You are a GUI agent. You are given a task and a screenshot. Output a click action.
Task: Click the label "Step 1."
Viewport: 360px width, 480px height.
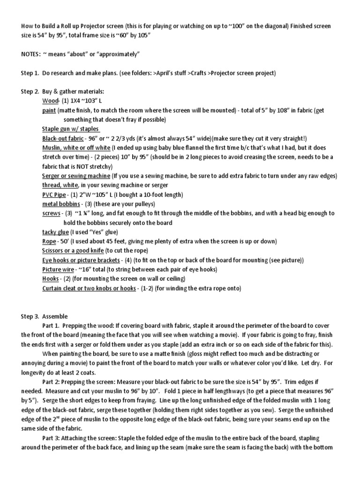[30, 73]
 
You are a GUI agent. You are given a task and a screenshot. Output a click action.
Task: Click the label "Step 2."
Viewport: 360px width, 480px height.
[30, 91]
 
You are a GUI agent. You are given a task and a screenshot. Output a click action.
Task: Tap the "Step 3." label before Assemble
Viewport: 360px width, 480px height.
[30, 316]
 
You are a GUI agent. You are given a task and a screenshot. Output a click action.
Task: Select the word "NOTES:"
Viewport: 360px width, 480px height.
[31, 55]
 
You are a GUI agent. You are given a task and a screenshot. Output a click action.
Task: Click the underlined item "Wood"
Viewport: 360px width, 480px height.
[49, 101]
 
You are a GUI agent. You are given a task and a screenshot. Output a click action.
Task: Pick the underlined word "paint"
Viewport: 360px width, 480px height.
[49, 110]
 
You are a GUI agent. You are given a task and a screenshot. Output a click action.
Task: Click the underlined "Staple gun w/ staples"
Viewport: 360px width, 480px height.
[71, 129]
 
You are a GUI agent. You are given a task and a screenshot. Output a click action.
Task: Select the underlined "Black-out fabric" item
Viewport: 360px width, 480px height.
[63, 138]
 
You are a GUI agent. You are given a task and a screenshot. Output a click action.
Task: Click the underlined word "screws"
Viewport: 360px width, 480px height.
[51, 213]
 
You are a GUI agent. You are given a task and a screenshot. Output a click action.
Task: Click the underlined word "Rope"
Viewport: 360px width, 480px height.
[49, 241]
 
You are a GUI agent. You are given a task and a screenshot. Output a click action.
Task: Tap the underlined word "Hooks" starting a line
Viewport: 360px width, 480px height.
[50, 279]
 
